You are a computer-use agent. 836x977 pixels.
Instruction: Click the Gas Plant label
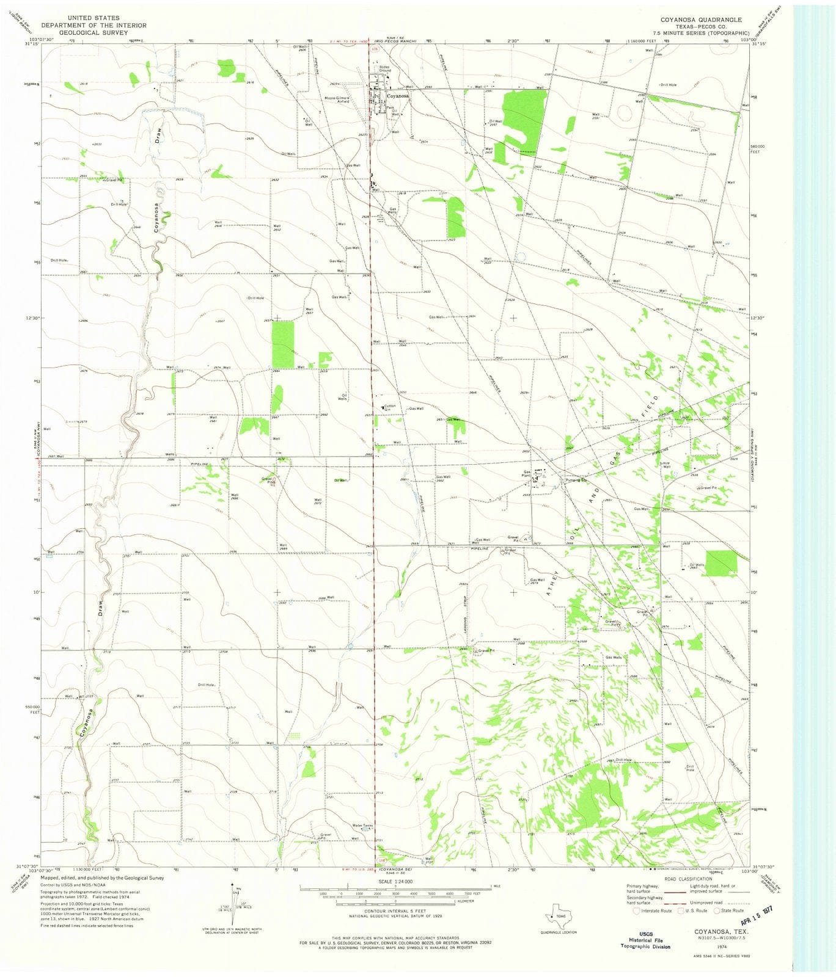tap(526, 473)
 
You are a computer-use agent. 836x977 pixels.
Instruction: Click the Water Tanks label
tap(362, 826)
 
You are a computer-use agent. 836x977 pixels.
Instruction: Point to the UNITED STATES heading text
tap(94, 18)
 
